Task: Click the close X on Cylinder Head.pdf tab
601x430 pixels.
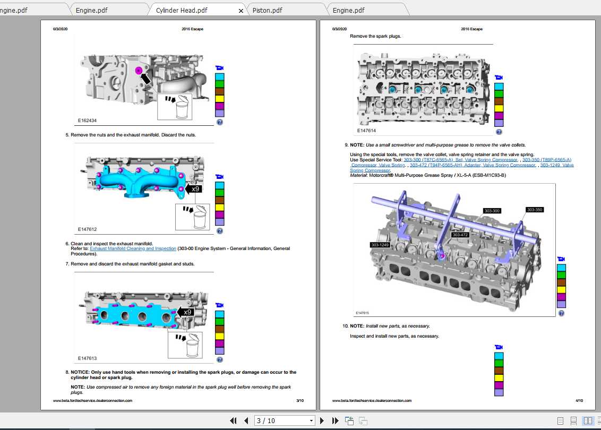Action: tap(241, 11)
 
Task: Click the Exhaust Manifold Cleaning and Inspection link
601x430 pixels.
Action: tap(133, 248)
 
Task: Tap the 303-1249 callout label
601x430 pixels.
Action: tap(380, 245)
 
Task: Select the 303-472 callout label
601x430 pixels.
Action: tap(460, 235)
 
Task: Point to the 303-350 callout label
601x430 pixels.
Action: tap(535, 210)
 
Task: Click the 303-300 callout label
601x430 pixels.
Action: tap(492, 211)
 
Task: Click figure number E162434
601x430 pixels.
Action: tap(87, 121)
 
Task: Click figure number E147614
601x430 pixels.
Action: tap(366, 130)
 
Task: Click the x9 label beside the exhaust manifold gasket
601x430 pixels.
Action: tap(187, 312)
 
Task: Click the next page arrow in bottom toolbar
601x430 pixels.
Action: tap(322, 420)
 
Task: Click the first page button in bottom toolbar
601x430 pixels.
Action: tap(233, 420)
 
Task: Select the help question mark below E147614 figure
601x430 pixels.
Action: tap(499, 132)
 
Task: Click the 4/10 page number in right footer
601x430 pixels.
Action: tap(579, 401)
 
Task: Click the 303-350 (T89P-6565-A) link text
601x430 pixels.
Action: tap(547, 160)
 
